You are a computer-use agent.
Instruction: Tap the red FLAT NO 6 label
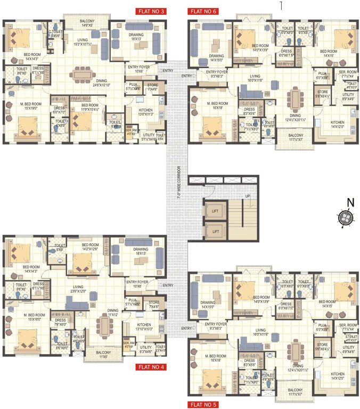[x=202, y=11]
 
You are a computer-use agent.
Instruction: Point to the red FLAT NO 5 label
[x=202, y=405]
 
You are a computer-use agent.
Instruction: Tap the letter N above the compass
[x=350, y=202]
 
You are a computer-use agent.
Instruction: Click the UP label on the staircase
[x=247, y=196]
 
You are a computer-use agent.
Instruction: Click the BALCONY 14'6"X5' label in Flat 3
[x=87, y=22]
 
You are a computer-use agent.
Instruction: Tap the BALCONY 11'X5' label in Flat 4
[x=97, y=355]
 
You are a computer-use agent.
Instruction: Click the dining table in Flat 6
[x=294, y=99]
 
